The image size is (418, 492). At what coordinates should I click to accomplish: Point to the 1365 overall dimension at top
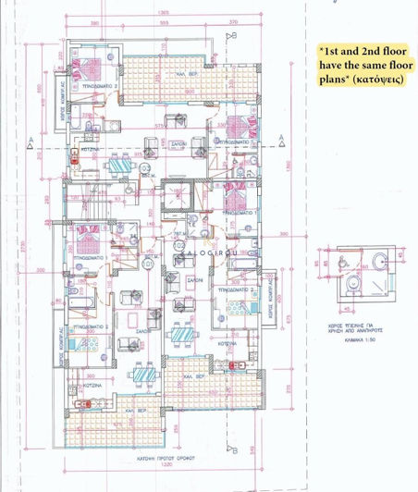[163, 12]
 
